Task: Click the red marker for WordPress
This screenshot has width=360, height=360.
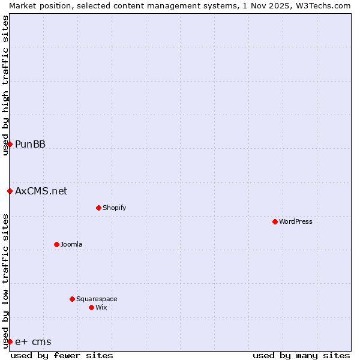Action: [275, 221]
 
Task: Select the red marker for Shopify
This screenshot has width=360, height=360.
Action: [98, 208]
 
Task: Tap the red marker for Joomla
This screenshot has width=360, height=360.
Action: [56, 244]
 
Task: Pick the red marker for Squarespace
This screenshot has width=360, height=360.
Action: [72, 299]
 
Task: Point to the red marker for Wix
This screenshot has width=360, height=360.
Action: [91, 307]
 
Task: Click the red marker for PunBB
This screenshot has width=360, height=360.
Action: [10, 144]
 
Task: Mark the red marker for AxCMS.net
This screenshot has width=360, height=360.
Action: [10, 191]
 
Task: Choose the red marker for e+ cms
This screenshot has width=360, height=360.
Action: [10, 341]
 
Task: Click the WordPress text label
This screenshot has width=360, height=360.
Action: [296, 221]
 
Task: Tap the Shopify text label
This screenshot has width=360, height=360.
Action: [115, 208]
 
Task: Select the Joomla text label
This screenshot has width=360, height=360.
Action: [71, 244]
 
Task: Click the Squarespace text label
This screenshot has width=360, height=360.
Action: [97, 299]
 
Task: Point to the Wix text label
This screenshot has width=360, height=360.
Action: [101, 307]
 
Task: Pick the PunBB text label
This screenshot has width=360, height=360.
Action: [30, 144]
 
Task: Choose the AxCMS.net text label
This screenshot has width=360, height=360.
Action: [41, 191]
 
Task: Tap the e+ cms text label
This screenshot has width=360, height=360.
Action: [33, 341]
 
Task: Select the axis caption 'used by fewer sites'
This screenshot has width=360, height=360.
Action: [62, 355]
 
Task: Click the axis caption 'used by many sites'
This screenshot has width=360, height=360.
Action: [301, 355]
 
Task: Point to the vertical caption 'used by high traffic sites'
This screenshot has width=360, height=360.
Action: [5, 85]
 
